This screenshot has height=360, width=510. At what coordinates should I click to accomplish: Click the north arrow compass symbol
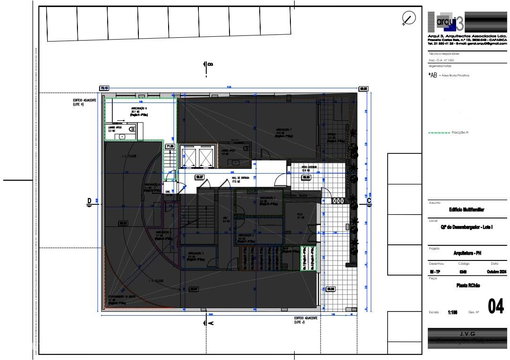pos(407,19)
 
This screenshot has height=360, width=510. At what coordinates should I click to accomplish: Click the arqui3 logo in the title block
pos(445,22)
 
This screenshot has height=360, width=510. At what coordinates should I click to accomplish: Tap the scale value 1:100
pos(453,312)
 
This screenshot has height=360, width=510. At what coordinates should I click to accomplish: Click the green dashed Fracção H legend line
pos(439,133)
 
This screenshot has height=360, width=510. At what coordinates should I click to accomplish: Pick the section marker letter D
pos(89,201)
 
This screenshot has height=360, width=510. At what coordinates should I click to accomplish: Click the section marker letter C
pos(369,201)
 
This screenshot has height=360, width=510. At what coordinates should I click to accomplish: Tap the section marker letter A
pos(211,323)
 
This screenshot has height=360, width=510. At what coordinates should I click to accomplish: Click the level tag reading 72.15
pos(104,88)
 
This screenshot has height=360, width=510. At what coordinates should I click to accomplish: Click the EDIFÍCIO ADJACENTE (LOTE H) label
pos(85,102)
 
